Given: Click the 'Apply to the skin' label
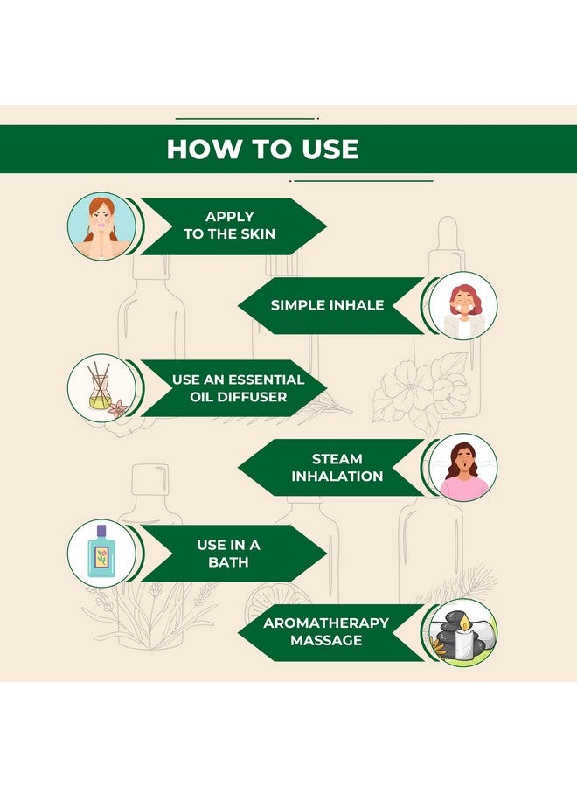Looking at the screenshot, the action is coord(229,226).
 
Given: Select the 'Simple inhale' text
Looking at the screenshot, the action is coord(327,305).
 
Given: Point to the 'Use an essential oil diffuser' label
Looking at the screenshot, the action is coord(238,388).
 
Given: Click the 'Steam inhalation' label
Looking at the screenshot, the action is coord(337,467).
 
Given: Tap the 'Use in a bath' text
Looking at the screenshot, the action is coord(228,554).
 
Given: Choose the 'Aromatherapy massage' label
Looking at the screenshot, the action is coord(326,631).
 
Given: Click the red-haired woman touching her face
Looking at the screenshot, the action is coord(102,226).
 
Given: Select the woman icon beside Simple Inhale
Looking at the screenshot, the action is coord(463,306).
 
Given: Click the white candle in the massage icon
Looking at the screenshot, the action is coord(464,644).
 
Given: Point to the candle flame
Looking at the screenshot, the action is coord(465,623).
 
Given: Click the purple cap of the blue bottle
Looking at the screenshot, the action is coord(101,531).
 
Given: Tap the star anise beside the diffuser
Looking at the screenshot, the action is coord(118,408).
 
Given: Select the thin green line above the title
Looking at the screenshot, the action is coord(247,118).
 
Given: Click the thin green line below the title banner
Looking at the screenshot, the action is coord(361,180).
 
